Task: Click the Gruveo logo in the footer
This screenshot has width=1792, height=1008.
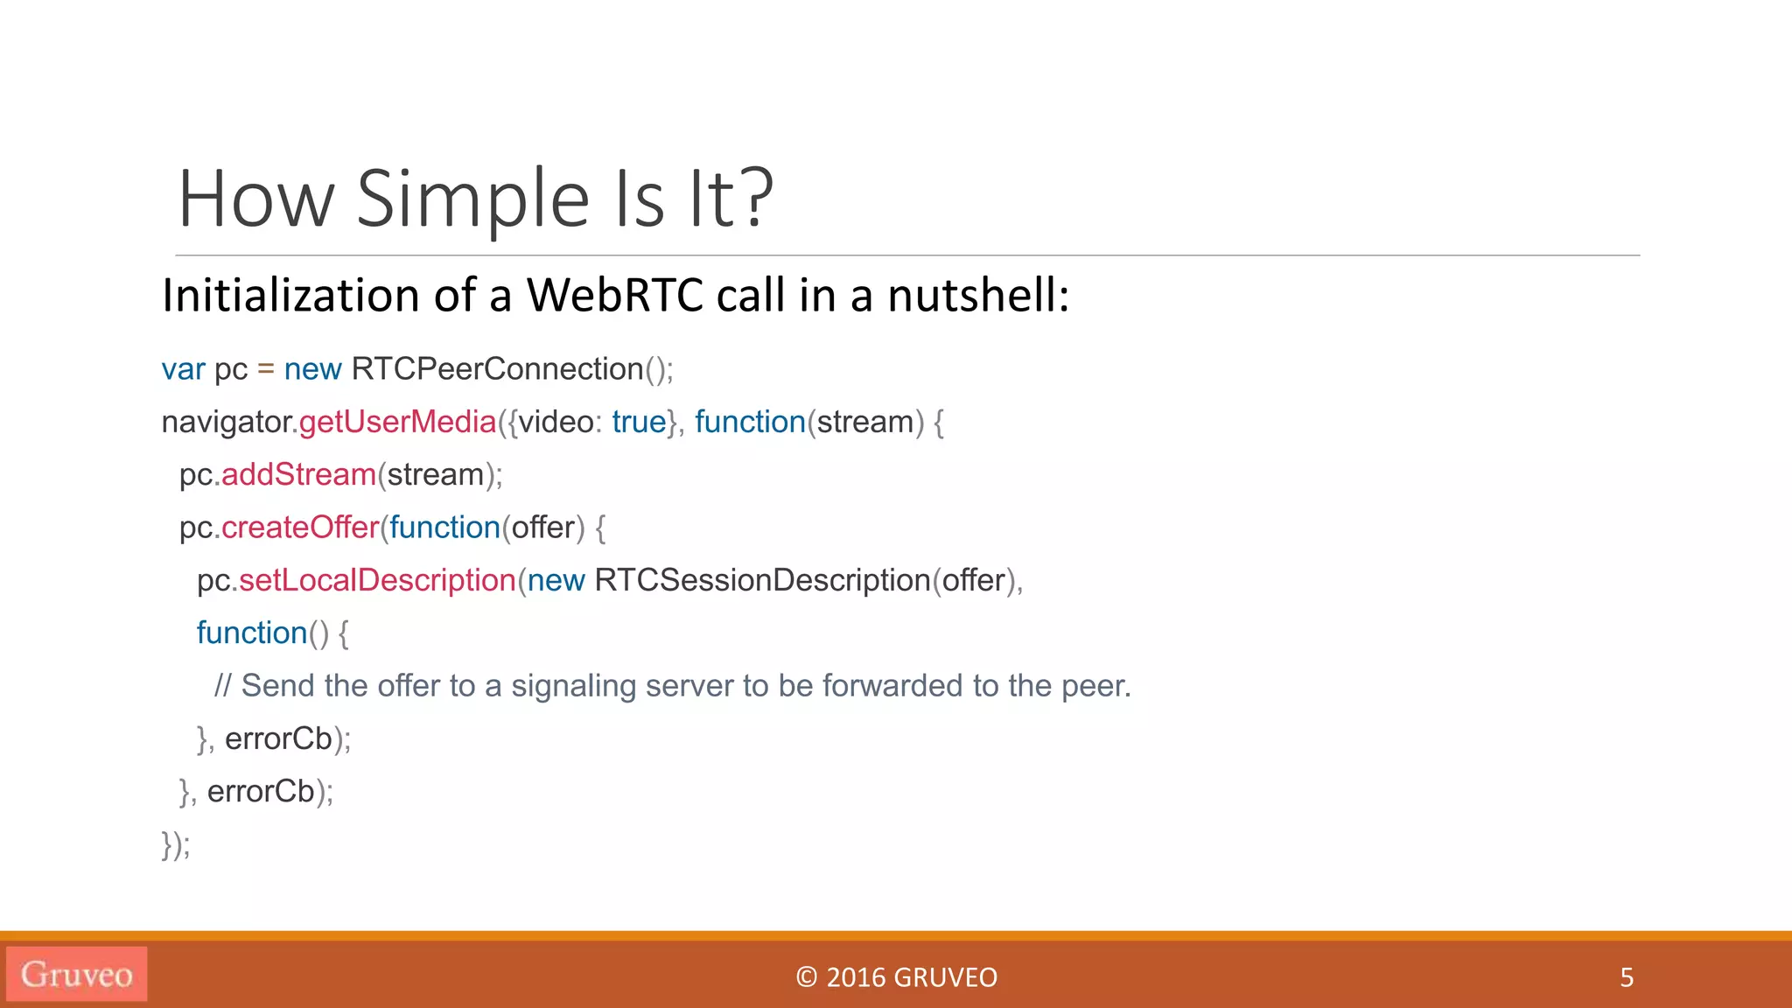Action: click(x=77, y=974)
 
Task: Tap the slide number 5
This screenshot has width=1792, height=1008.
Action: click(x=1627, y=976)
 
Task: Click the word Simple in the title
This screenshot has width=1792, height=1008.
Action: click(x=472, y=199)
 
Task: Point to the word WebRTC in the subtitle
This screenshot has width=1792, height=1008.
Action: click(x=614, y=295)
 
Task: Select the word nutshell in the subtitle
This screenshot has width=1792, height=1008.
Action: click(x=977, y=295)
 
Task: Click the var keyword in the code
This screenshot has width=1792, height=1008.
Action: click(x=183, y=369)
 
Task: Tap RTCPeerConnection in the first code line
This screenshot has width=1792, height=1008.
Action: click(x=497, y=369)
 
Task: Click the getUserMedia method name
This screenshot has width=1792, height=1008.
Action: click(x=397, y=422)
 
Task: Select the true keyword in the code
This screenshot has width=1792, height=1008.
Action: click(x=639, y=422)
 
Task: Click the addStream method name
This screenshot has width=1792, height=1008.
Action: click(x=298, y=474)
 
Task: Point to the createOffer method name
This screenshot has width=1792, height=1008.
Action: click(x=300, y=528)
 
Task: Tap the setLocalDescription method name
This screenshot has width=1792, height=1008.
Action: click(x=377, y=580)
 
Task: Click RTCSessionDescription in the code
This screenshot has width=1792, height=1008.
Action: click(x=762, y=580)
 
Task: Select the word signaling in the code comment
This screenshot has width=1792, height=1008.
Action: click(x=573, y=686)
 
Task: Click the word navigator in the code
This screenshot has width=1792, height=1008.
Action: click(x=226, y=422)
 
